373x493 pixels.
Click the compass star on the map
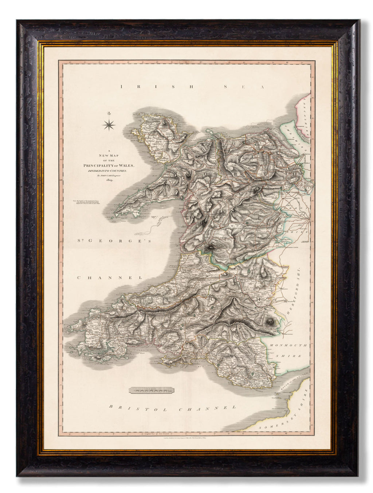(x=109, y=125)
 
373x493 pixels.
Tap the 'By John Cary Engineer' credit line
(x=109, y=175)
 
